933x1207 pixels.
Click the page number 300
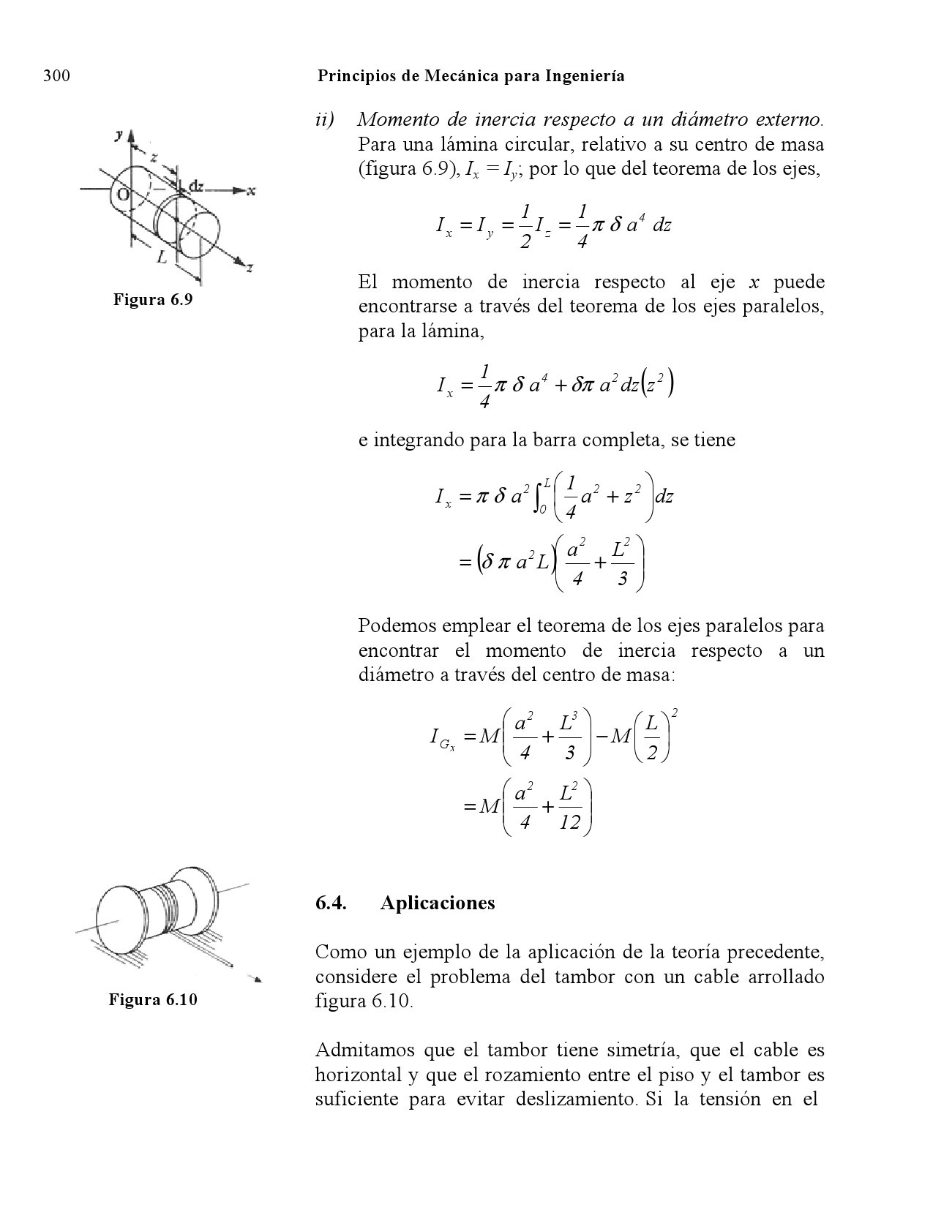click(56, 76)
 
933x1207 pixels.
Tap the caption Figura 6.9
click(153, 300)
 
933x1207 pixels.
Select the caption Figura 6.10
click(153, 1000)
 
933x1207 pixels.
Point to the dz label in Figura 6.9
click(196, 186)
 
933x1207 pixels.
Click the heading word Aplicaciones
click(438, 903)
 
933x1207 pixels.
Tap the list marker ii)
click(326, 119)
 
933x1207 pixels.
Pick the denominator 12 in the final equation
click(569, 823)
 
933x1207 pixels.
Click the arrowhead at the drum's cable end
click(256, 978)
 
